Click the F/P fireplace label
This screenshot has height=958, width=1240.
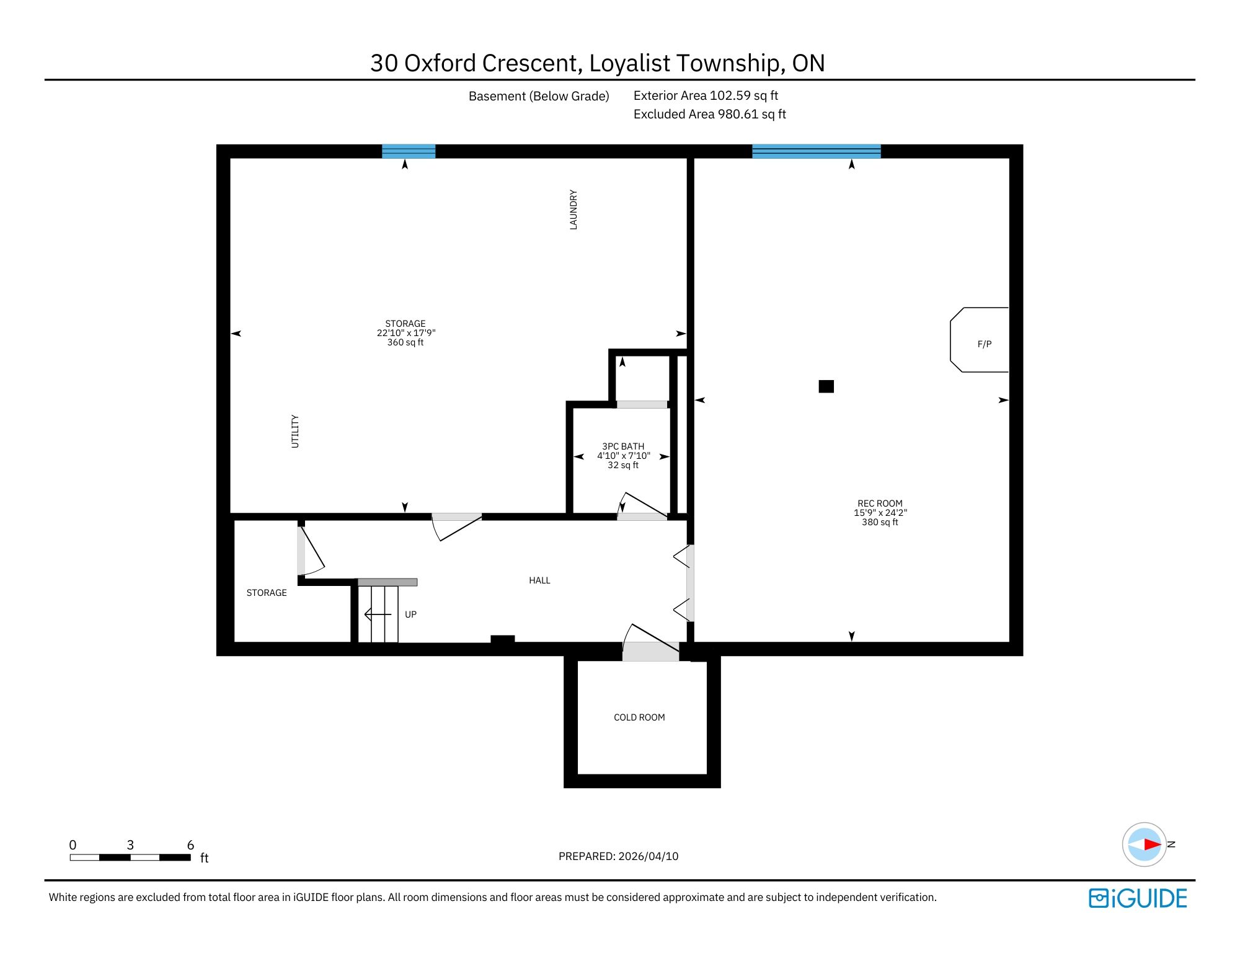[x=985, y=344]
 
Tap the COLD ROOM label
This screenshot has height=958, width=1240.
[x=639, y=717]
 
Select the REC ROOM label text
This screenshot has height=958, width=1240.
[x=880, y=503]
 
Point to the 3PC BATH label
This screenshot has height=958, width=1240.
[x=623, y=446]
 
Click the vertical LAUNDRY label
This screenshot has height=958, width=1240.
[x=573, y=210]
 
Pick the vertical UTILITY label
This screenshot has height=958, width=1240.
[x=295, y=432]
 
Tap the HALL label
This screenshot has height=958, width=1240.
[x=539, y=580]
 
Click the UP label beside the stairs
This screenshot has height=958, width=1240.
[x=410, y=614]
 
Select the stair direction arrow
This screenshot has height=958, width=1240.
[x=378, y=614]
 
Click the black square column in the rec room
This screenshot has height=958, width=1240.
[x=826, y=386]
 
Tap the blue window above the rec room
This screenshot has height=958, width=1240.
[x=816, y=151]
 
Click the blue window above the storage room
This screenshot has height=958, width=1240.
[x=409, y=151]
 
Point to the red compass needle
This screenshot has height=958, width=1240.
[x=1153, y=844]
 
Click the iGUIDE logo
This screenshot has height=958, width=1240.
[x=1138, y=898]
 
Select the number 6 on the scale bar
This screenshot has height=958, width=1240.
[x=190, y=845]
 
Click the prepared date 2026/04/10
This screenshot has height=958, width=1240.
[x=649, y=856]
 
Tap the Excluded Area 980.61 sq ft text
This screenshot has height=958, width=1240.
[x=710, y=114]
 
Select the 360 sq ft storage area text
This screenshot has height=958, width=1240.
[x=405, y=342]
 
